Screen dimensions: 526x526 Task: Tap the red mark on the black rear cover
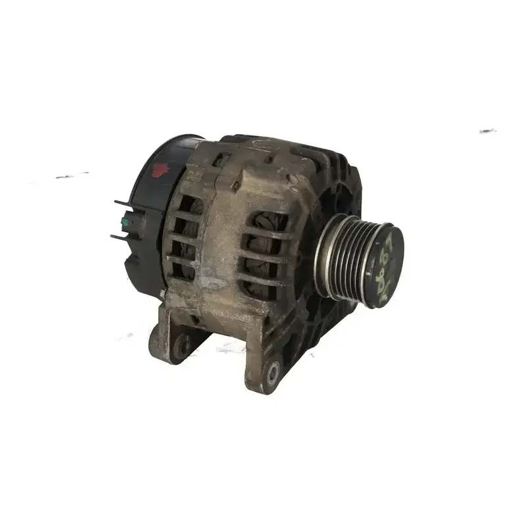click(160, 170)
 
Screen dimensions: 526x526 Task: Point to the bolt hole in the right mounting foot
click(272, 372)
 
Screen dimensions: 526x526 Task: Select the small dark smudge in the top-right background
click(487, 131)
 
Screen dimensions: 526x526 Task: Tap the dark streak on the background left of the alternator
click(72, 176)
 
